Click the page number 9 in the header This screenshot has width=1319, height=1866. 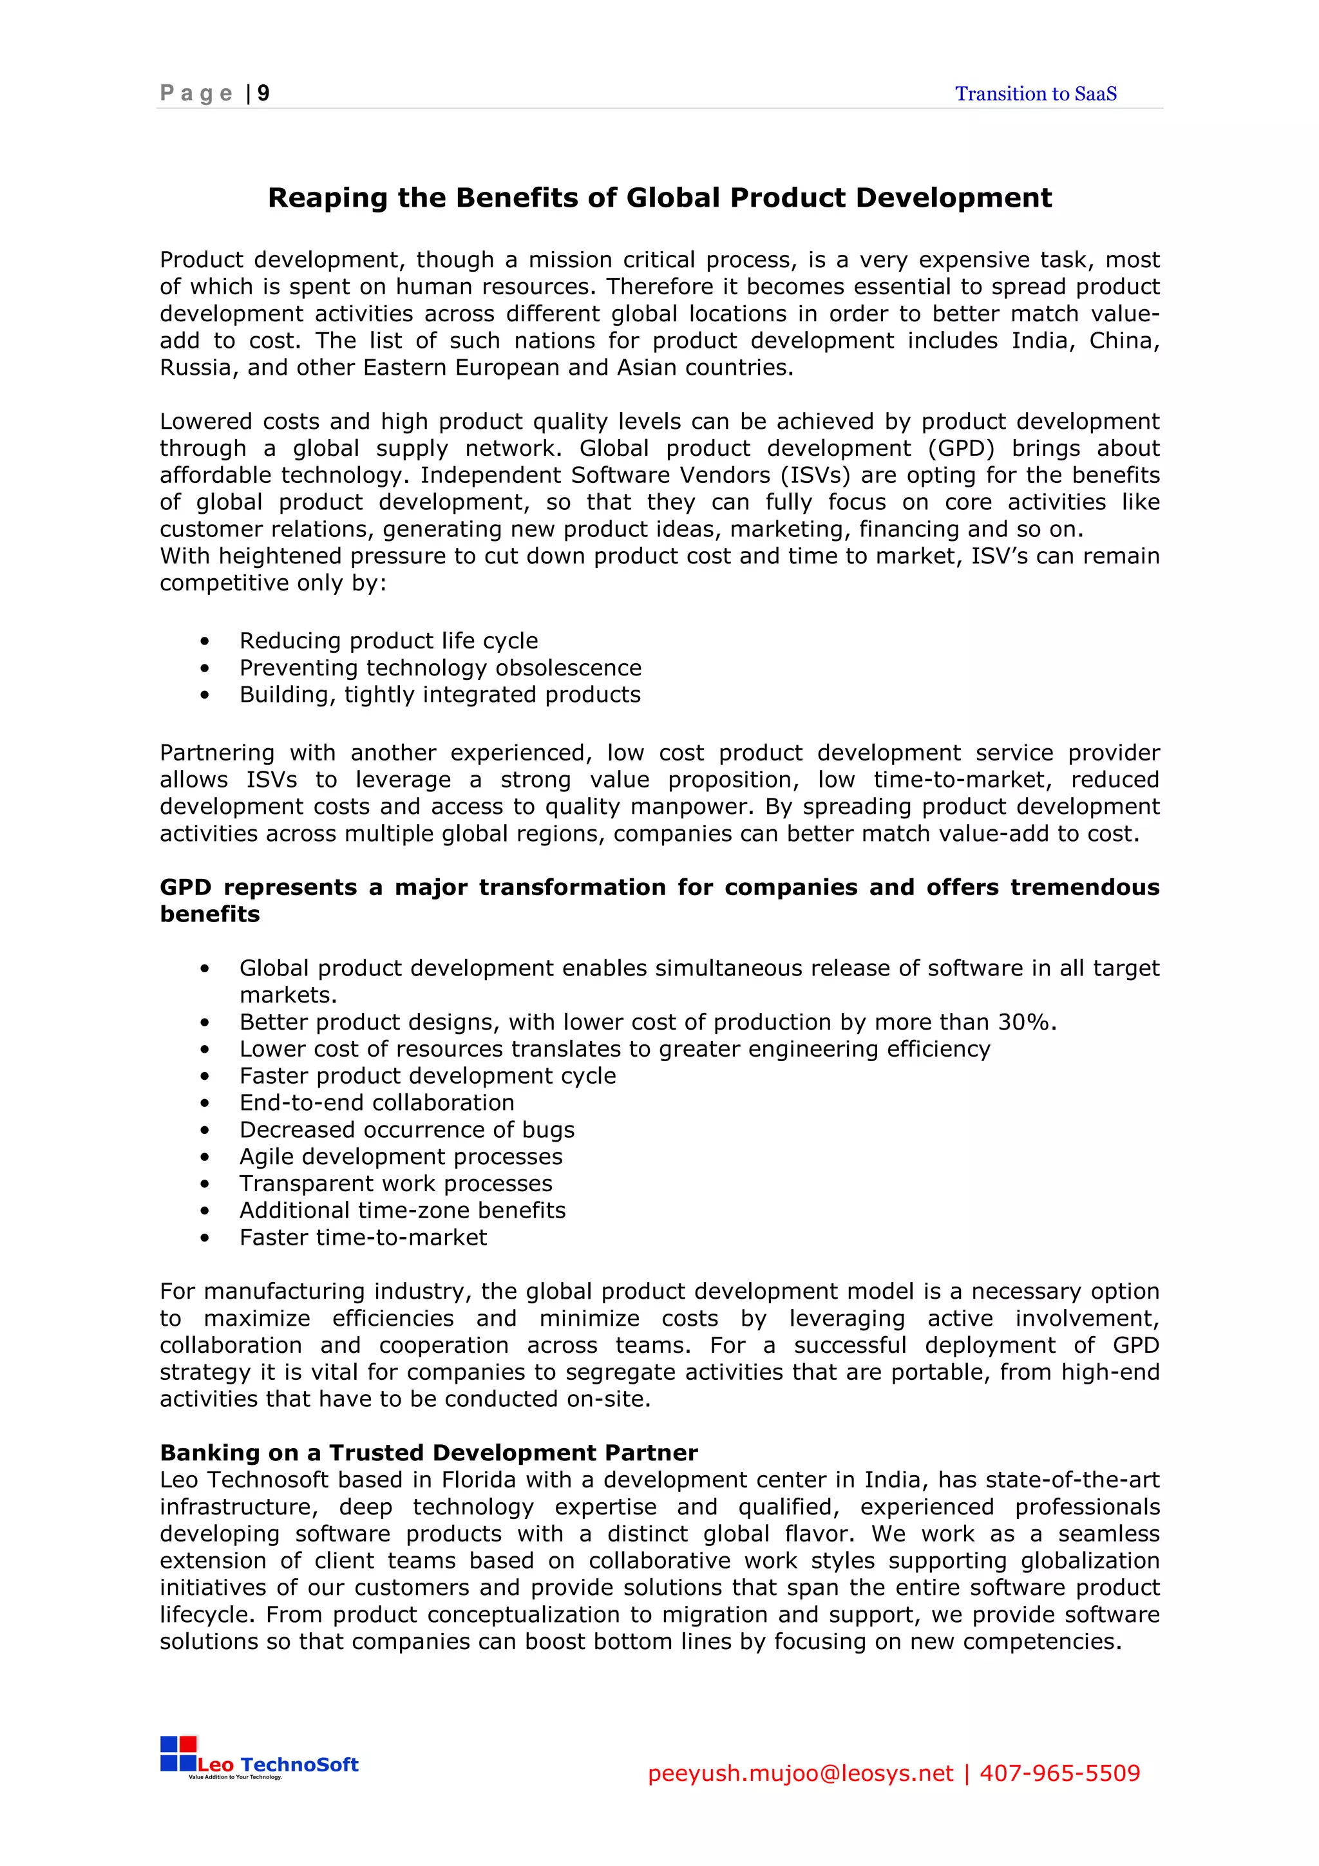coord(263,93)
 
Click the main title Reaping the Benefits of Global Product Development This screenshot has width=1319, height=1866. coord(659,198)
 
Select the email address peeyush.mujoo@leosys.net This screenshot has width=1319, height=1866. coord(800,1773)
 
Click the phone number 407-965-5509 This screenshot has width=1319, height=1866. coord(1059,1773)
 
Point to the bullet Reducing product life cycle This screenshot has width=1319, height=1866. coord(388,641)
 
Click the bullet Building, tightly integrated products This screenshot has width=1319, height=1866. coord(440,694)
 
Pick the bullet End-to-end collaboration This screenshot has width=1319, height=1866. coord(376,1102)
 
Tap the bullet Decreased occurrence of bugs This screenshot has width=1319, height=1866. coord(406,1129)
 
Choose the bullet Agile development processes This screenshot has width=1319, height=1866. coord(401,1156)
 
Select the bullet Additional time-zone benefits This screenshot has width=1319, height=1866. coord(403,1209)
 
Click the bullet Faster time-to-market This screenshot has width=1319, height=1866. coord(363,1237)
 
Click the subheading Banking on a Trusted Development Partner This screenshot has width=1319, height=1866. coord(428,1453)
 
